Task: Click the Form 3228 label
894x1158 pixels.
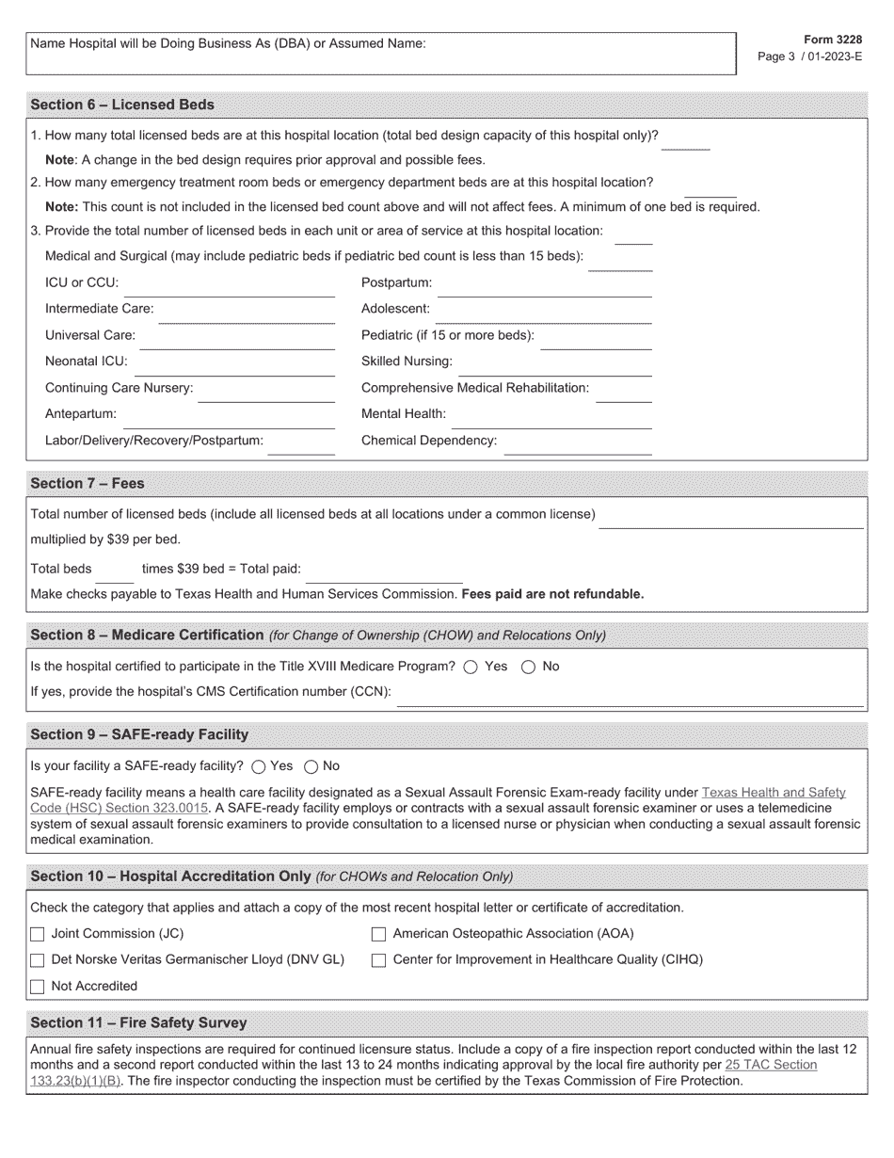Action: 833,40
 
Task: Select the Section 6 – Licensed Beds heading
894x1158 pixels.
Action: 122,105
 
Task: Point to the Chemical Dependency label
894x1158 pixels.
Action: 429,441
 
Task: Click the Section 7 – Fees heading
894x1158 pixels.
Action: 88,483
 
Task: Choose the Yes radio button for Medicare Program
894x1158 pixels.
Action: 471,667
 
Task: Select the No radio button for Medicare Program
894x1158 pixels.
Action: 528,667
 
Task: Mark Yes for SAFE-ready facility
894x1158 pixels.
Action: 258,766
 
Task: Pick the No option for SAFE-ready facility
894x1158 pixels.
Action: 311,766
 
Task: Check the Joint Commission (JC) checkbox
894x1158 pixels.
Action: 38,934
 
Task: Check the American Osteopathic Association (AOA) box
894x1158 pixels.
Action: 378,934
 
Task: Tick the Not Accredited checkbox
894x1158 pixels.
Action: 38,987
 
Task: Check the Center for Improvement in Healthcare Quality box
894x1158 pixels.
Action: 378,960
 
